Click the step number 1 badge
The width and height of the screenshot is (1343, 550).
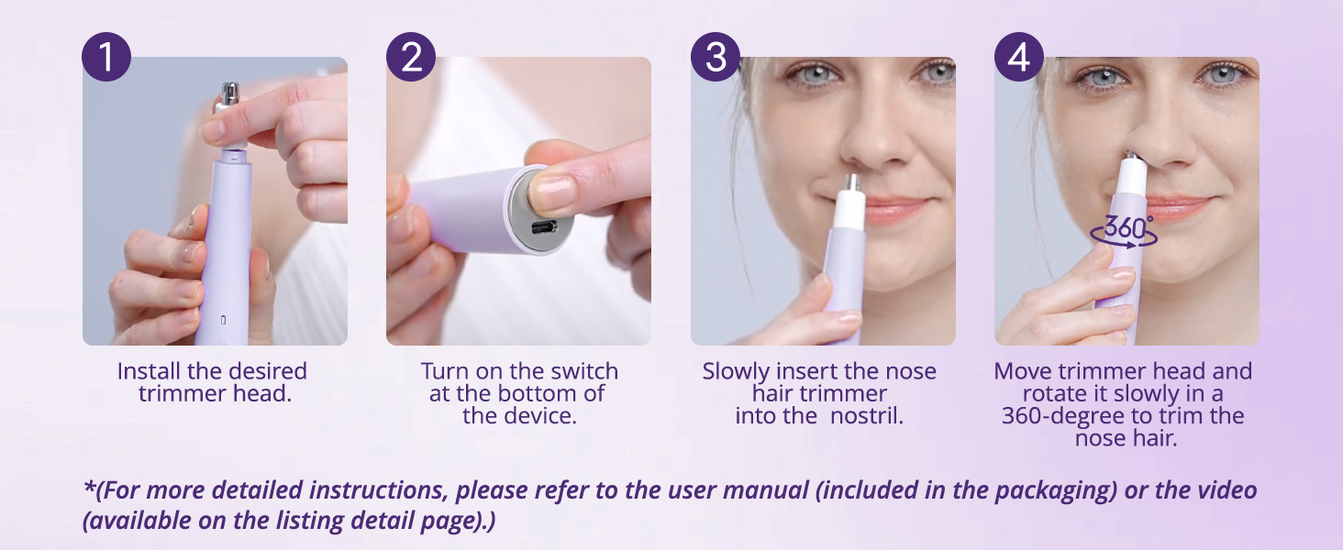pos(106,57)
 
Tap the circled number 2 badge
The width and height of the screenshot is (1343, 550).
pos(411,57)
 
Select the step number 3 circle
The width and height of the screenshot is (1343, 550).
pos(716,57)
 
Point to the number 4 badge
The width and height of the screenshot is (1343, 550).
pos(1019,57)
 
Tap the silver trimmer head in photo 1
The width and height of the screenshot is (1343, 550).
pos(229,94)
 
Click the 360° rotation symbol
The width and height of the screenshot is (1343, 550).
pos(1124,229)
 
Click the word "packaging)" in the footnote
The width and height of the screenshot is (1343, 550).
pos(1054,489)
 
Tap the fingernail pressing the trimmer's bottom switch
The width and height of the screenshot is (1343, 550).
pos(553,192)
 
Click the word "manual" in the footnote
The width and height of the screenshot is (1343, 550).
pos(767,489)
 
